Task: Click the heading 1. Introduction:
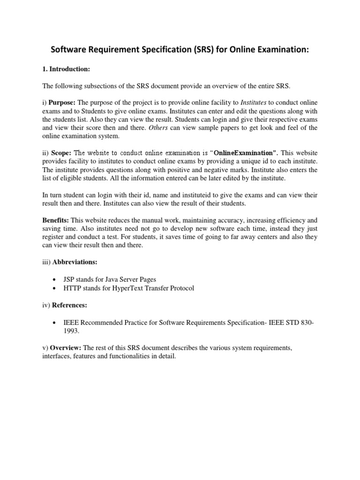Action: tap(66, 69)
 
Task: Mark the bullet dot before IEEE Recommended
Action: tap(57, 322)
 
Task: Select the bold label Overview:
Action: tap(65, 348)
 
